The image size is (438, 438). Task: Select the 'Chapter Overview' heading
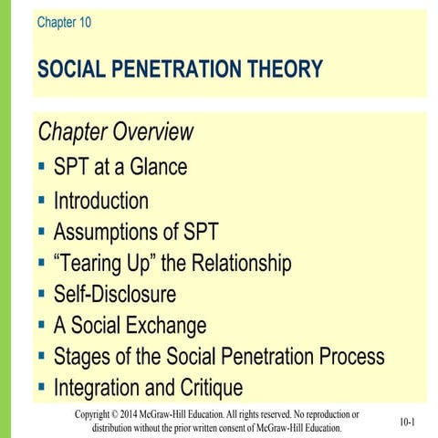tap(115, 132)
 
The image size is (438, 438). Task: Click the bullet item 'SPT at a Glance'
tap(120, 168)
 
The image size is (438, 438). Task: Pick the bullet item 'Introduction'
tap(100, 200)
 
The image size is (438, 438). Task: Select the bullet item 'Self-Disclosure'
tap(114, 295)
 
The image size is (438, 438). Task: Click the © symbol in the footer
tap(130, 414)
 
